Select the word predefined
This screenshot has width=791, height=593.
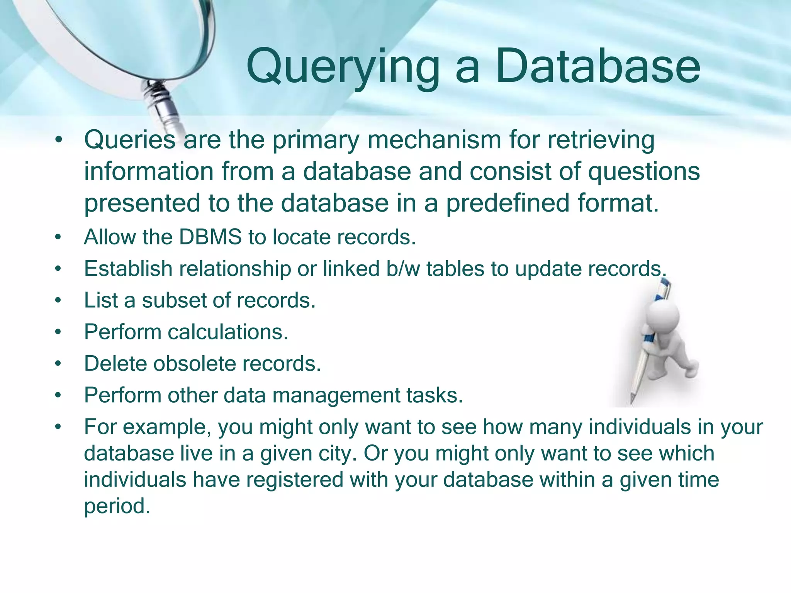(508, 203)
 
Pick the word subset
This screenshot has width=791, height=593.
(173, 300)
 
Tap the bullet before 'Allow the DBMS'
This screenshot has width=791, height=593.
(58, 237)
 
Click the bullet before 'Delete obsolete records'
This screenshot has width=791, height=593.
(58, 364)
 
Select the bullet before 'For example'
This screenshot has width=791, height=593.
(58, 427)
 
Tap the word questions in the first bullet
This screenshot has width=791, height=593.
(643, 171)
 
